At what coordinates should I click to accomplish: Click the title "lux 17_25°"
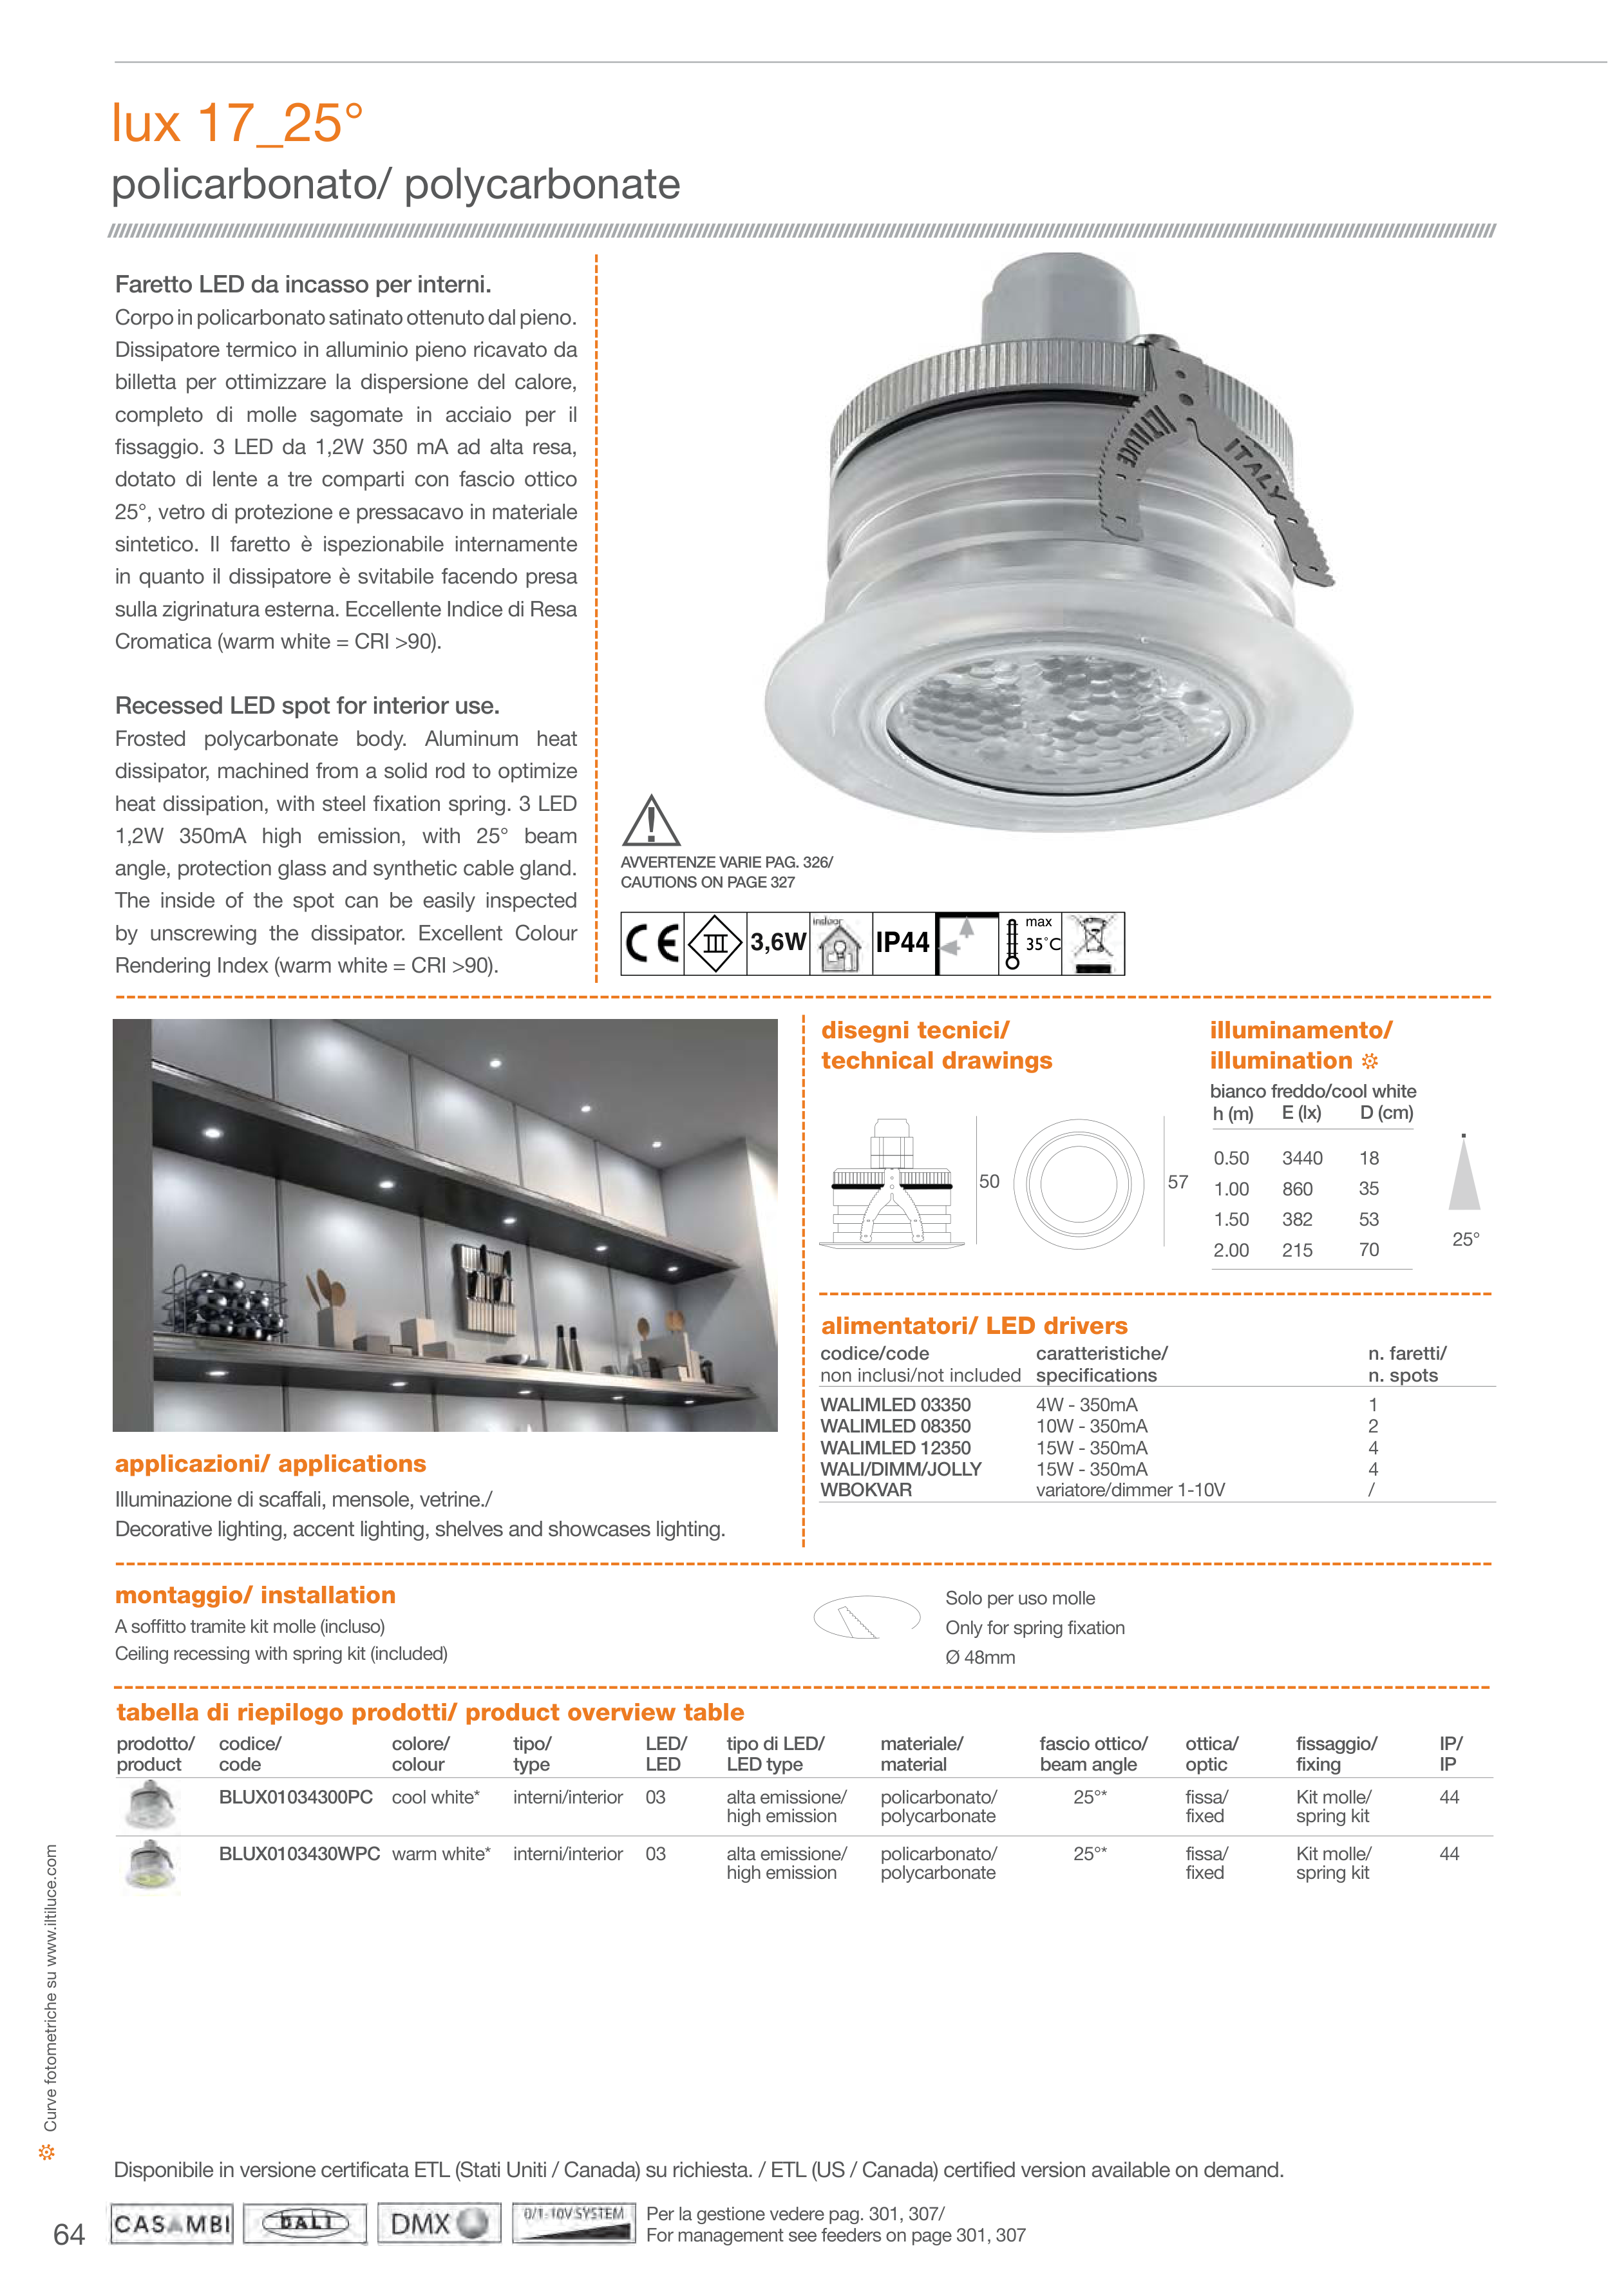(x=237, y=124)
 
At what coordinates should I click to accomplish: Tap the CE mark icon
(x=652, y=943)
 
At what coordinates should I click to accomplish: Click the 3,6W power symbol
(x=778, y=942)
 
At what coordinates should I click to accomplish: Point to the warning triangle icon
(x=650, y=823)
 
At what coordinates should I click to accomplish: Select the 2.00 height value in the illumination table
(x=1231, y=1250)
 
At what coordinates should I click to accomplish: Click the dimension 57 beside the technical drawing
(x=1177, y=1182)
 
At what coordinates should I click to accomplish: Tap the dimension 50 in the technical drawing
(x=988, y=1181)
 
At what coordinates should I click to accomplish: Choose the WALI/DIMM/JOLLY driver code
(x=901, y=1469)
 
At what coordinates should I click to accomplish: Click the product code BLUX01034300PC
(x=295, y=1798)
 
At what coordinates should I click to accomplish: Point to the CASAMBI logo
(x=171, y=2225)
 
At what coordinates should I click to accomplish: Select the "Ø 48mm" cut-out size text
(x=980, y=1658)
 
